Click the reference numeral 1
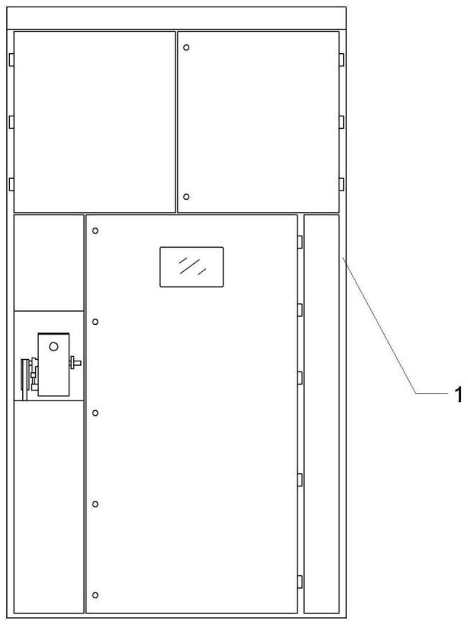(459, 395)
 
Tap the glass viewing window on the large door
(192, 267)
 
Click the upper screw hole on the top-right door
(186, 47)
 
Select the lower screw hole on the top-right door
(186, 197)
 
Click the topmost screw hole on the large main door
(95, 230)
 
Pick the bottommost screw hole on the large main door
(95, 595)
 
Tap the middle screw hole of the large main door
(95, 413)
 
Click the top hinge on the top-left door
(12, 60)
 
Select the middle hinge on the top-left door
(12, 122)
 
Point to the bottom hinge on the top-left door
(12, 184)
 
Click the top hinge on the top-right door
(342, 60)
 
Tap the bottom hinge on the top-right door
(342, 184)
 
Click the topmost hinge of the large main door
(300, 242)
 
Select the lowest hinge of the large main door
(300, 582)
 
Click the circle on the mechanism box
(54, 347)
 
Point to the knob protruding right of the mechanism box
(75, 363)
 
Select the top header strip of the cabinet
(177, 18)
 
